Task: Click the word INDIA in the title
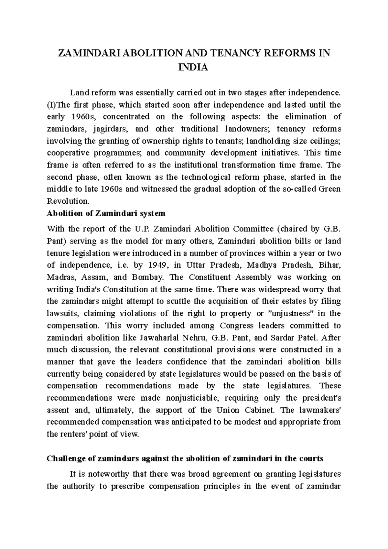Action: click(194, 68)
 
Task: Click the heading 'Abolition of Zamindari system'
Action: click(106, 214)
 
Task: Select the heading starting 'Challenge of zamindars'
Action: click(185, 459)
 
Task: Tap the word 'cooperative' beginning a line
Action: click(66, 153)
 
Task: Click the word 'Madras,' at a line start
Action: click(60, 277)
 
